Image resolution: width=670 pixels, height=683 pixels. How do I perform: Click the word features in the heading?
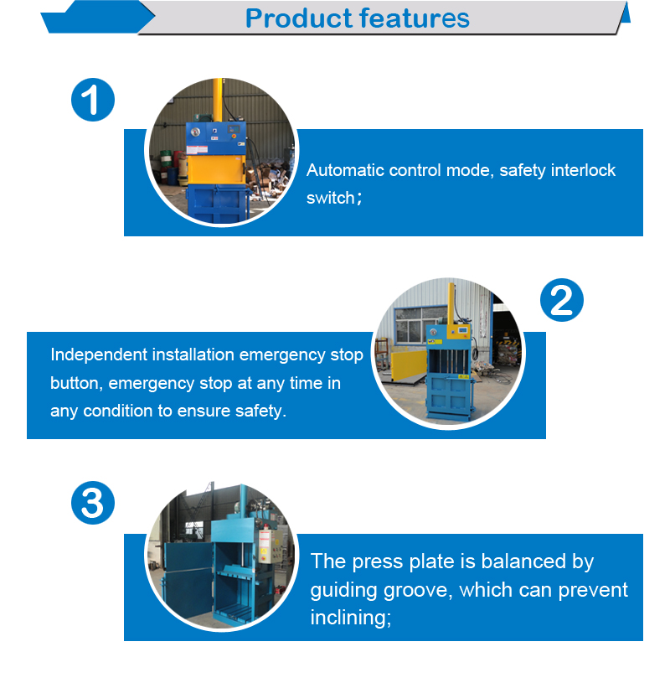tap(415, 18)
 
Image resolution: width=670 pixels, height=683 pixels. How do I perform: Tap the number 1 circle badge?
tap(93, 100)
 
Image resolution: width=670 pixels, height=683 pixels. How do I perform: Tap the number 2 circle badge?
tap(562, 300)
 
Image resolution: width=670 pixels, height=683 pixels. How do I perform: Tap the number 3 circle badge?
tap(93, 503)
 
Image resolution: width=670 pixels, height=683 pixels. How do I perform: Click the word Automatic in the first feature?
tap(345, 170)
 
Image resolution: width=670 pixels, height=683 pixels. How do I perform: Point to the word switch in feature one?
tap(331, 198)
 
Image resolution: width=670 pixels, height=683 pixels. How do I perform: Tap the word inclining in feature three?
tap(350, 618)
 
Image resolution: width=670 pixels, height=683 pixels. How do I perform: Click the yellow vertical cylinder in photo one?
tap(217, 101)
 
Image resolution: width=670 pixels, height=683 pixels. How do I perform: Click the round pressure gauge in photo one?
tap(195, 132)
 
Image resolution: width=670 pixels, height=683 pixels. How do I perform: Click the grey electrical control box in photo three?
tap(267, 546)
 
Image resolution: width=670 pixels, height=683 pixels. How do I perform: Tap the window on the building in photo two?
tap(413, 325)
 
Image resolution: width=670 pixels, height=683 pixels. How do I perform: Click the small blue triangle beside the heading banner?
tap(625, 13)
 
